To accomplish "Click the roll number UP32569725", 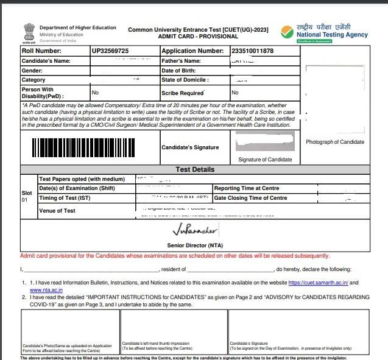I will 110,51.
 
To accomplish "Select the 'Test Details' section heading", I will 194,169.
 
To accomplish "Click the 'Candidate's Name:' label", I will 46,61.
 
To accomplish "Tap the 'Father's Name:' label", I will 181,61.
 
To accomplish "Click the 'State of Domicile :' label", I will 185,80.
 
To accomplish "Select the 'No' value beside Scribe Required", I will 235,93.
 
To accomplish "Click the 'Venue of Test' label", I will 57,211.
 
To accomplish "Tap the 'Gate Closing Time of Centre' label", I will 250,198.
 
